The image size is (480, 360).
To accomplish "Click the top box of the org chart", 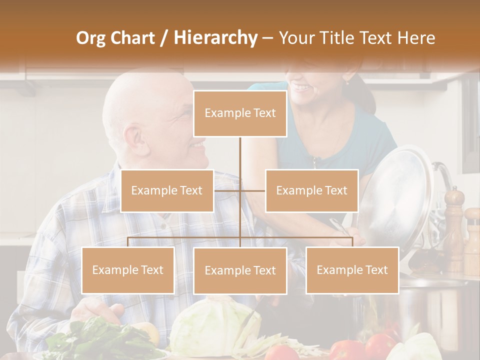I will click(240, 113).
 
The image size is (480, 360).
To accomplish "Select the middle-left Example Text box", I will click(167, 190).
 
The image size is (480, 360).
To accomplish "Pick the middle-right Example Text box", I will click(311, 190).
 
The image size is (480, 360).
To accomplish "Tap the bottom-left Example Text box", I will click(128, 270).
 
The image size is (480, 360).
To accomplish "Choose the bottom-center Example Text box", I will click(240, 270).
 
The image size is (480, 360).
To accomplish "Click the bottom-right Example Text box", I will click(352, 270).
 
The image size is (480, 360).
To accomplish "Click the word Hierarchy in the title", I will click(215, 37).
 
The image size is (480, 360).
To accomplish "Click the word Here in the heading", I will click(416, 37).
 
